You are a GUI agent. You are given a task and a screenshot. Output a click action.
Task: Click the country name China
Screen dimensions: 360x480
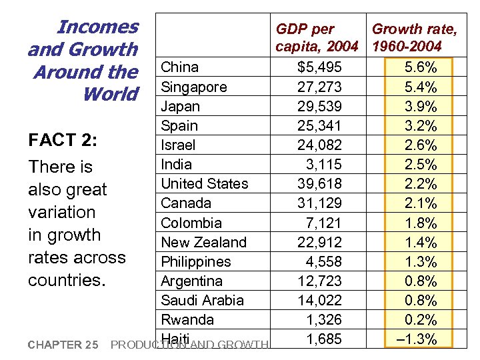(180, 67)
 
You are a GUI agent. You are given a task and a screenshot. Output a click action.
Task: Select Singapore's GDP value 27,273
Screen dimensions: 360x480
(319, 87)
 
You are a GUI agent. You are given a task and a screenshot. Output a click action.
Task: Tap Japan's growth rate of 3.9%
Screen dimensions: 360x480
(421, 107)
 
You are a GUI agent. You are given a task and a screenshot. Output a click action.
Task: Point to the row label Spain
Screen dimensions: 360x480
(179, 126)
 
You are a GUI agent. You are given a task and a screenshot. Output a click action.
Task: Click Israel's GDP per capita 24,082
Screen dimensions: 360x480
(319, 145)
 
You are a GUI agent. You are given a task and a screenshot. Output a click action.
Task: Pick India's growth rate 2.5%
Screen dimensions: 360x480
(421, 165)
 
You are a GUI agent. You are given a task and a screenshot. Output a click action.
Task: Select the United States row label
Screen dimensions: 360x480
(205, 184)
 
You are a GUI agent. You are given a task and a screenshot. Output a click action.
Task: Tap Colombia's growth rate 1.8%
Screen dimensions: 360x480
(421, 223)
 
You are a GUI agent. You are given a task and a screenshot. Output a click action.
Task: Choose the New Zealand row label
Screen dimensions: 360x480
(204, 243)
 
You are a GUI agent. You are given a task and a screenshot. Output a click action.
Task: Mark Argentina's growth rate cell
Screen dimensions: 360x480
(421, 281)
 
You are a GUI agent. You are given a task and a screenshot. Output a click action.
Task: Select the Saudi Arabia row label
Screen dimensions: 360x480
(203, 301)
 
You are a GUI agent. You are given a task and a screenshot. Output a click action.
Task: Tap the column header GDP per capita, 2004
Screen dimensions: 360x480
(317, 38)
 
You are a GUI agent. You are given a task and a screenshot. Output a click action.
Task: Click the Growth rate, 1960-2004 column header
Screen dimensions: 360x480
(414, 38)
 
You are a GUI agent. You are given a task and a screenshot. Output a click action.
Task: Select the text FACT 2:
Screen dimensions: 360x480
(63, 141)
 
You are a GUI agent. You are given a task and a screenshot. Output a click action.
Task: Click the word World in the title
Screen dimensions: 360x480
(110, 94)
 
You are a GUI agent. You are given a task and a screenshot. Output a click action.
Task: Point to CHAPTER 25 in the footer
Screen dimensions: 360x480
(63, 345)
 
